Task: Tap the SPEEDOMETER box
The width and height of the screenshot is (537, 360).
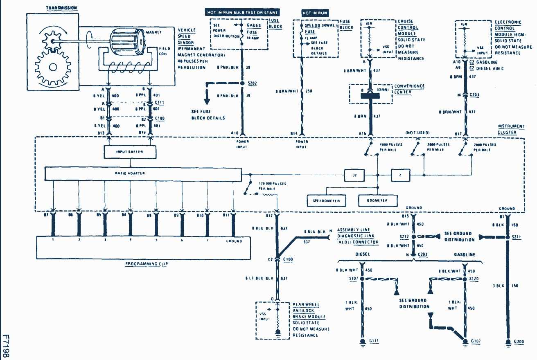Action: tap(326, 201)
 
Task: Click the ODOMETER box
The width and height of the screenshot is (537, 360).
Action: tap(378, 201)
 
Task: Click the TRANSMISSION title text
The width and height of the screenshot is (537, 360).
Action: tap(61, 8)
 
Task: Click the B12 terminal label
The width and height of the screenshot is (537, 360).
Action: tap(268, 215)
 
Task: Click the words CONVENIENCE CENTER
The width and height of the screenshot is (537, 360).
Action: tap(409, 89)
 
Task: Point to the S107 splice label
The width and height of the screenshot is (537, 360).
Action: tap(354, 279)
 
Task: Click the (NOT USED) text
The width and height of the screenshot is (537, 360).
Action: tap(417, 133)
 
